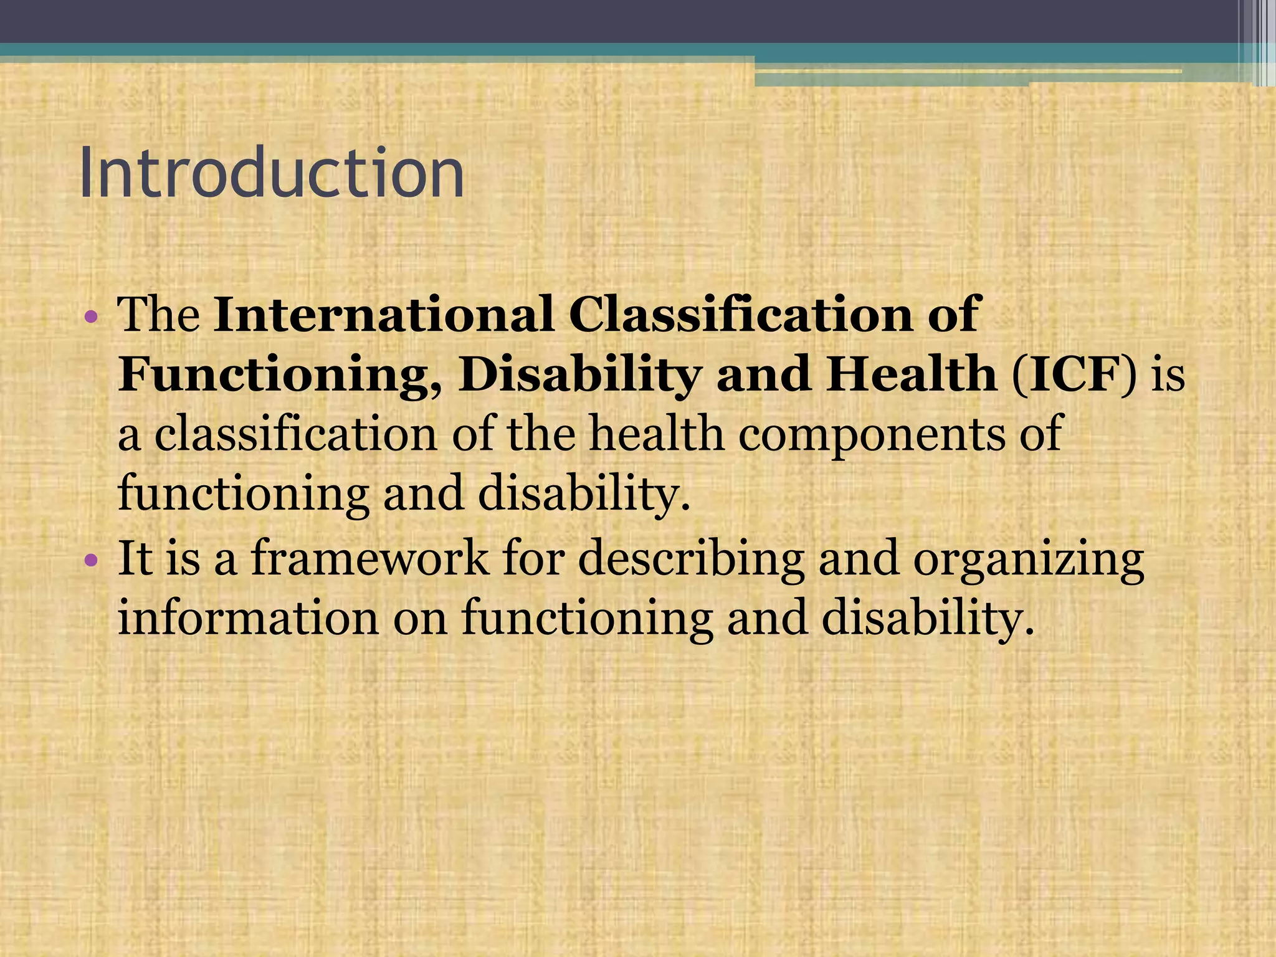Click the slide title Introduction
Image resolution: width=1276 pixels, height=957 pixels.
pyautogui.click(x=272, y=173)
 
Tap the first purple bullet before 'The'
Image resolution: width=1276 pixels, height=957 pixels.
pyautogui.click(x=91, y=317)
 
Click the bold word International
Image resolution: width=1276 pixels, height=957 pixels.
pyautogui.click(x=383, y=314)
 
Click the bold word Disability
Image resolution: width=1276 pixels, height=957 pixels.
pyautogui.click(x=579, y=375)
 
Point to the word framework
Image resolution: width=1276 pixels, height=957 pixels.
pyautogui.click(x=370, y=558)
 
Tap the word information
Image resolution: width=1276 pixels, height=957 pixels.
pyautogui.click(x=248, y=618)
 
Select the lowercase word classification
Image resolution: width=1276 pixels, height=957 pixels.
pyautogui.click(x=295, y=434)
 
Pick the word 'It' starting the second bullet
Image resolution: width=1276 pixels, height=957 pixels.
pyautogui.click(x=135, y=558)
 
